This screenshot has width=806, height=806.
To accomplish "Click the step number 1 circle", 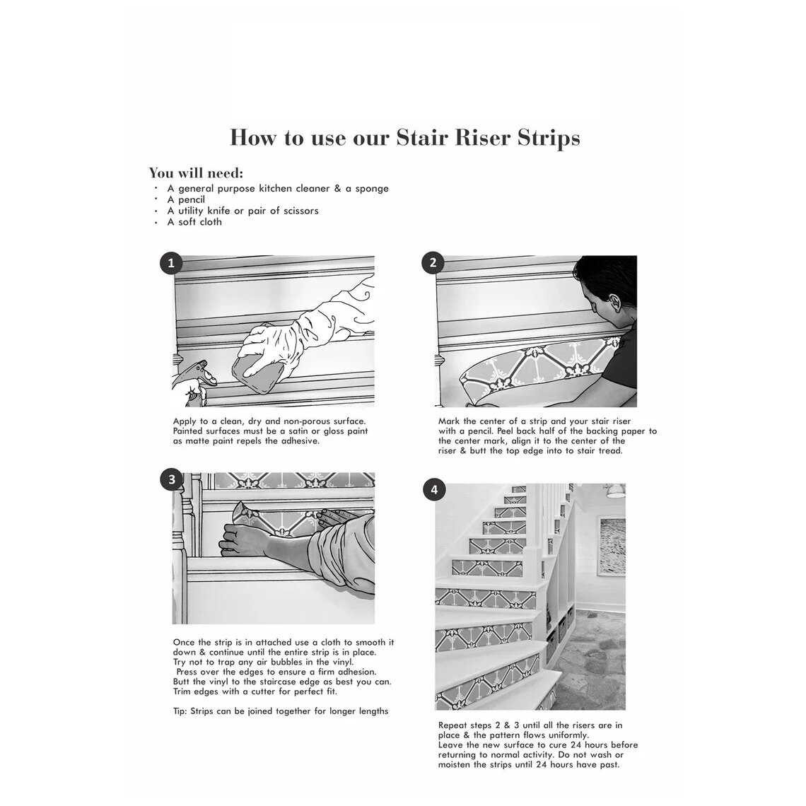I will [x=171, y=264].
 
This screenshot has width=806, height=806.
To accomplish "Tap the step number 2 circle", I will [x=433, y=264].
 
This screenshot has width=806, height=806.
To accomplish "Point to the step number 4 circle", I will [x=433, y=490].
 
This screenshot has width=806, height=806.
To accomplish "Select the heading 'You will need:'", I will [x=196, y=173].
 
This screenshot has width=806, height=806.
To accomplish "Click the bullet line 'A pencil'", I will [x=186, y=199].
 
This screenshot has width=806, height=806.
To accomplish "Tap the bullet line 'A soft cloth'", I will [x=194, y=222].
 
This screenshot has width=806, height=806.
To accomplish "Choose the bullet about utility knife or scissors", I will [x=243, y=211].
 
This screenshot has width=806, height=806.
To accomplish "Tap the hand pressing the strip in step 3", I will [x=240, y=537].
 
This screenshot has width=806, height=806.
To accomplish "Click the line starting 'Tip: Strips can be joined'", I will [x=280, y=711].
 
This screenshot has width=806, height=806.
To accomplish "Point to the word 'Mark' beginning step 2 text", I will [x=450, y=421].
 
